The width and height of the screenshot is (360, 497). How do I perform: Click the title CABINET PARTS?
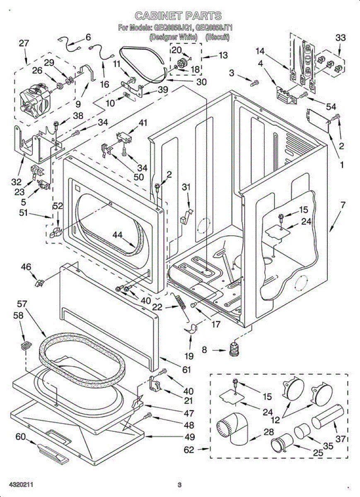coord(178,16)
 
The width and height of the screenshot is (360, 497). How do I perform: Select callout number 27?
coord(24,43)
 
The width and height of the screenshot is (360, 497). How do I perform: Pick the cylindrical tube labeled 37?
coord(327,418)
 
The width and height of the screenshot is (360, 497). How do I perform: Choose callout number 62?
coord(189,450)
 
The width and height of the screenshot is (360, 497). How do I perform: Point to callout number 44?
coord(118,236)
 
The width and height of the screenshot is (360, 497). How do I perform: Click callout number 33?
coord(340,38)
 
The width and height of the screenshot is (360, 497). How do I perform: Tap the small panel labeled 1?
coord(317,120)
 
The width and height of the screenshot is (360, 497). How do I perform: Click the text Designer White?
coord(168,37)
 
